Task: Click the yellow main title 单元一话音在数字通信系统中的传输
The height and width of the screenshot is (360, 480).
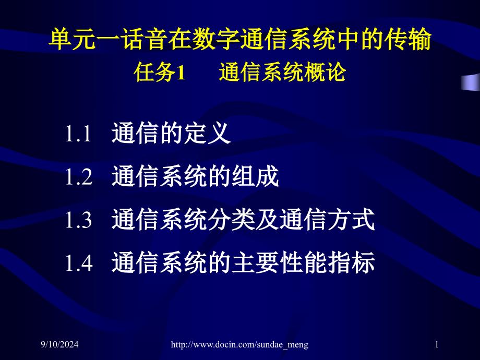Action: pos(240,39)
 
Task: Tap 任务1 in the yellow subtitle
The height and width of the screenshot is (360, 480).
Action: pos(160,72)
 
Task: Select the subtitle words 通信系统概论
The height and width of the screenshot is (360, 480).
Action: pos(282,72)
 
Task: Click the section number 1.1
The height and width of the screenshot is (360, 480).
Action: pos(78,134)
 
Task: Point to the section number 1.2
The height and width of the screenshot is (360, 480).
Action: pos(79,177)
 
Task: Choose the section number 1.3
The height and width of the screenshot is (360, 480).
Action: pos(79,220)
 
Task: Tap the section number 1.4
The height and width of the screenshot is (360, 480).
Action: pos(79,262)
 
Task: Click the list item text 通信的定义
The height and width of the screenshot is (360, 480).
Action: pos(171,133)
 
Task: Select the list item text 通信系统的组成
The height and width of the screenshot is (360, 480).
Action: pos(195,176)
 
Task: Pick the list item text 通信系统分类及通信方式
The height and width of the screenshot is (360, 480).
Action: pos(243,219)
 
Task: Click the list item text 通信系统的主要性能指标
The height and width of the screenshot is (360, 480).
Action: pos(243,262)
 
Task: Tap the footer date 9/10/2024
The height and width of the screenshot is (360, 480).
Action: pos(59,344)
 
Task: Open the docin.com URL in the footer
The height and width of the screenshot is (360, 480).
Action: pos(239,345)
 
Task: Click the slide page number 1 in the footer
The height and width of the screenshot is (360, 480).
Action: pos(437,344)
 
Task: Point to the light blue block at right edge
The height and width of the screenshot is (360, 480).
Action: pos(471,82)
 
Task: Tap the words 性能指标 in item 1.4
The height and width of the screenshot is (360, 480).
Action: pos(327,262)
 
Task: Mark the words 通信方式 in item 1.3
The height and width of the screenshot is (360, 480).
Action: pos(327,219)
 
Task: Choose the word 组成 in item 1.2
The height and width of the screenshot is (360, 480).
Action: pos(255,176)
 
